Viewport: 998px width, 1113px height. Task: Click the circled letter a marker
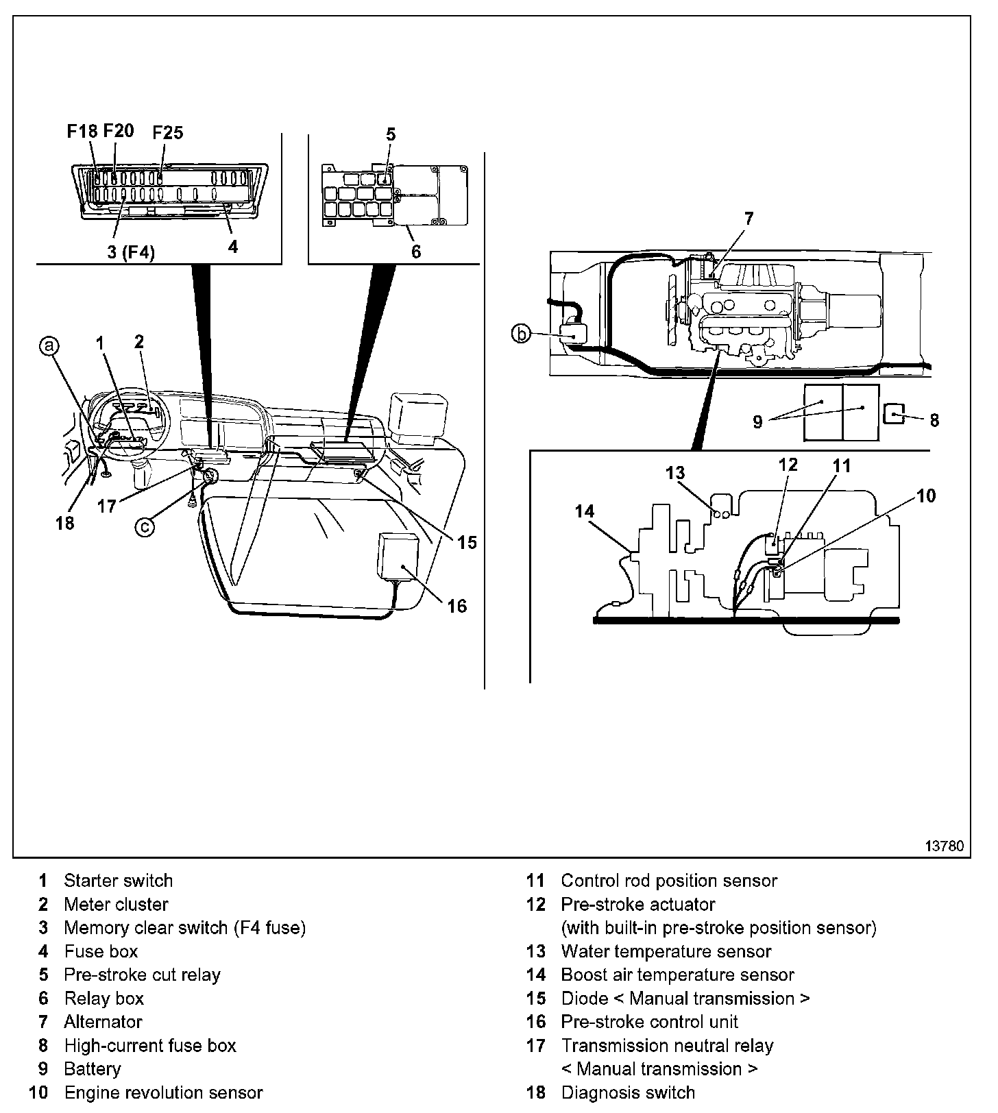(49, 347)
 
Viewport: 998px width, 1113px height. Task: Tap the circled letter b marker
(522, 334)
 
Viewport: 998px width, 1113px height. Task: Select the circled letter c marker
(145, 526)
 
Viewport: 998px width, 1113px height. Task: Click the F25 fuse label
(167, 132)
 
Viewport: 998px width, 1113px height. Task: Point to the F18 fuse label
(82, 131)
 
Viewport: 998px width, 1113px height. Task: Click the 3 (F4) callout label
(131, 252)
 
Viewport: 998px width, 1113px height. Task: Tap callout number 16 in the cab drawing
(457, 605)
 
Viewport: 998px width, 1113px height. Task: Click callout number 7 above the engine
(748, 219)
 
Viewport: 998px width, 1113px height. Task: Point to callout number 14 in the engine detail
(585, 511)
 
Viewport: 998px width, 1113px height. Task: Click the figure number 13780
(945, 846)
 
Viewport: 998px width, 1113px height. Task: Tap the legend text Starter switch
(118, 881)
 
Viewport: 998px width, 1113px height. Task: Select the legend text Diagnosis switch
(628, 1092)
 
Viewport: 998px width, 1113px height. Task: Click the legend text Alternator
(103, 1022)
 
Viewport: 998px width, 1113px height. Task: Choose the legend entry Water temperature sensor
(666, 951)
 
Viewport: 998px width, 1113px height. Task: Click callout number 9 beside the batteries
(757, 421)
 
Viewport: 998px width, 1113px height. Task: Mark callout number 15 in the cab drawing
(467, 542)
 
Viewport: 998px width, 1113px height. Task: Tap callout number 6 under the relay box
(416, 252)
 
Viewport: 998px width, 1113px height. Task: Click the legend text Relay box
(104, 999)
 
